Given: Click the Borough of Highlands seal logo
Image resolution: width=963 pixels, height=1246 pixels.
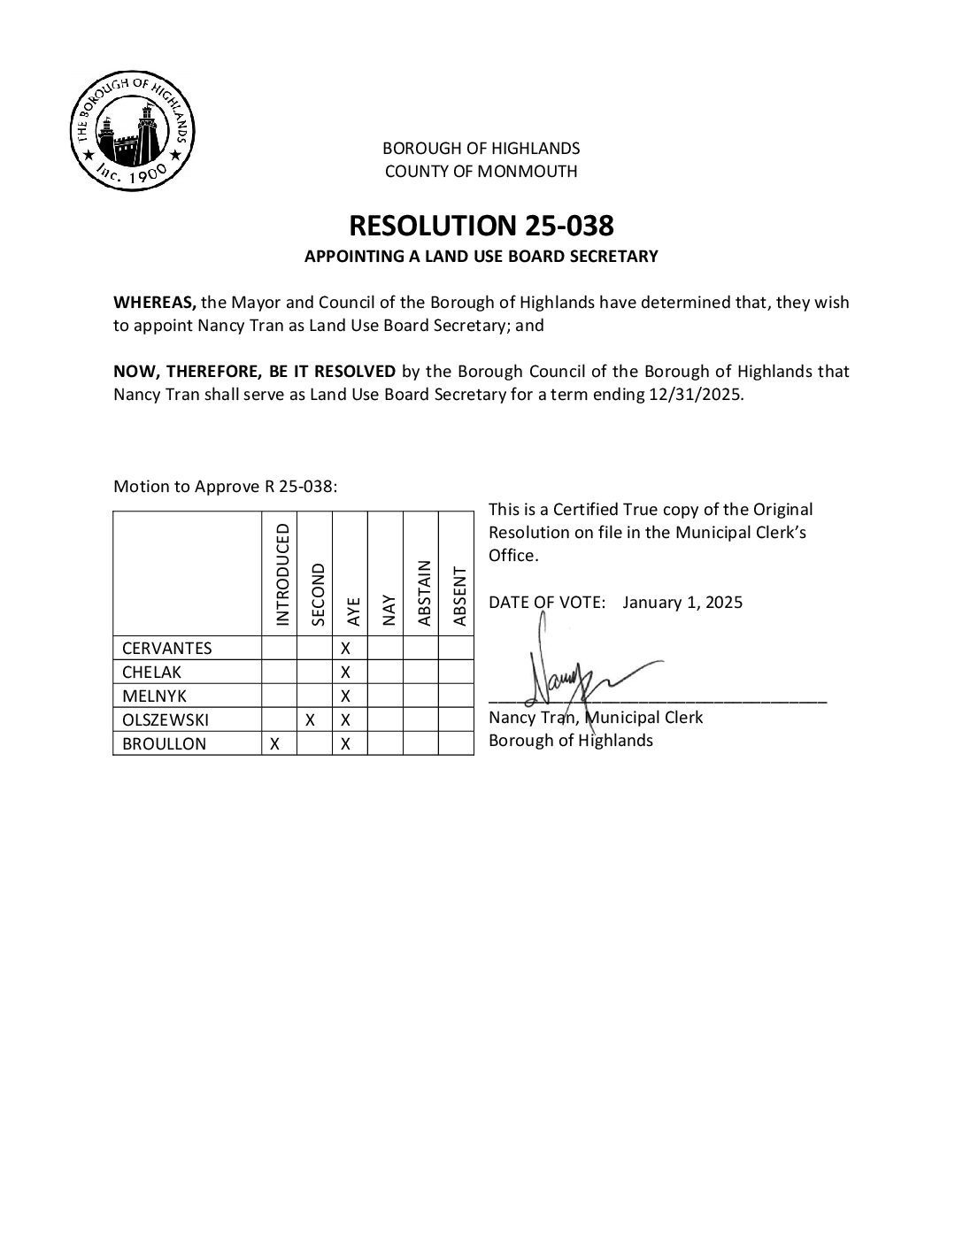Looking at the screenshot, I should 133,129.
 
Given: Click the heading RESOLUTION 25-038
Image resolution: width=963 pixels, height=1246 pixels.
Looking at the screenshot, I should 481,226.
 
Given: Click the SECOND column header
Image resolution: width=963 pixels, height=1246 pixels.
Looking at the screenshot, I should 319,594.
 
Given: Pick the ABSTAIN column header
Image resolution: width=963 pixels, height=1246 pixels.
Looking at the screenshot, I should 424,592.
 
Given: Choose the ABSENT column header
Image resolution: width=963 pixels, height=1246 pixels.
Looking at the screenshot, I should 458,596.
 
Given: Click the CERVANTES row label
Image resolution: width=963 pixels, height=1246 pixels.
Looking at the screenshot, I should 167,648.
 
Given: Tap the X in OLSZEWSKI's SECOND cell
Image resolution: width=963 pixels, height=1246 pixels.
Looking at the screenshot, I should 311,720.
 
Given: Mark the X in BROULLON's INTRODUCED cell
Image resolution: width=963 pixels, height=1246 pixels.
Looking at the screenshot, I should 275,744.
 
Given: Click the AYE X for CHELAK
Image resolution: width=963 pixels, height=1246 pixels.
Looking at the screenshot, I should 346,673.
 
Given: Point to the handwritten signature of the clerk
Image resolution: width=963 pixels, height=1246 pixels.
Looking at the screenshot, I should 584,673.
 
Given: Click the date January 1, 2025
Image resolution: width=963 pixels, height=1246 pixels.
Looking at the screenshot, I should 682,603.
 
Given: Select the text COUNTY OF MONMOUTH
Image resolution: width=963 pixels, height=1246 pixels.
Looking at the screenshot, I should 481,172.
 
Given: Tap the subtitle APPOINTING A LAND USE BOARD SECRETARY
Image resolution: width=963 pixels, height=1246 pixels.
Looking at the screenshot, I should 481,257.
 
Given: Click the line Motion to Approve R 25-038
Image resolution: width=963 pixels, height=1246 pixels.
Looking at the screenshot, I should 226,487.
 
